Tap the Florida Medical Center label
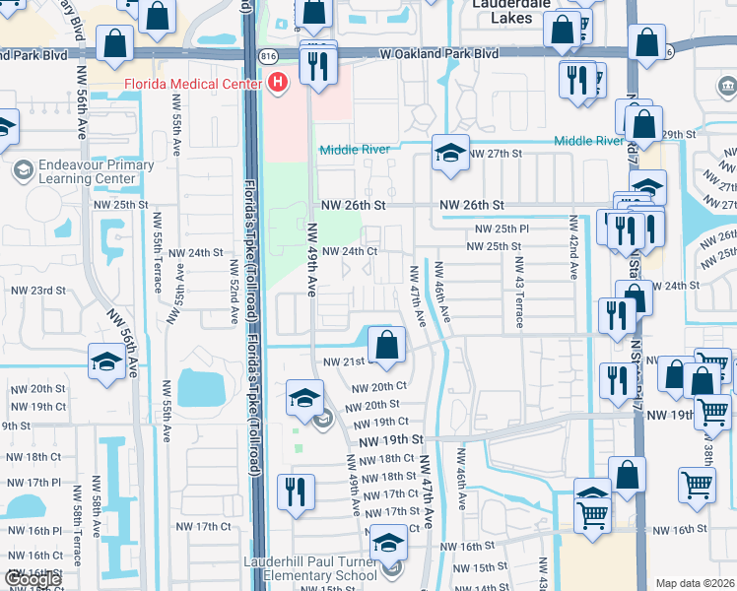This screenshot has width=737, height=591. pos(192,84)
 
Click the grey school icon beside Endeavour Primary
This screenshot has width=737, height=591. pos(22,171)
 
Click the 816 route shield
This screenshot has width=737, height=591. pos(267,57)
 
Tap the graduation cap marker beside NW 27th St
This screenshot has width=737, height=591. pos(450,155)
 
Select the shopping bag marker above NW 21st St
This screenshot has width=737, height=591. pos(387,346)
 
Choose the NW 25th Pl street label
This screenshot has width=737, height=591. pos(502,229)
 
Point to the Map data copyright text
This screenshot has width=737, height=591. pos(695,583)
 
